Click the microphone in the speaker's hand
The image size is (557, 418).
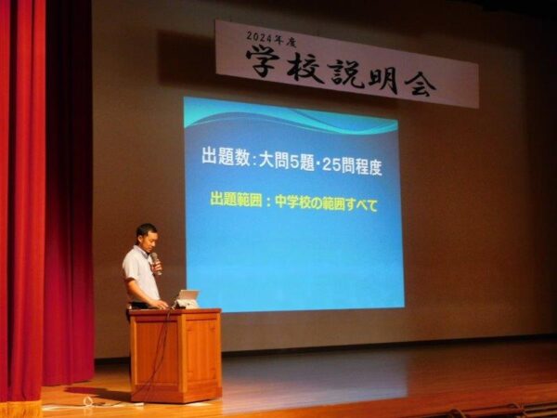156,263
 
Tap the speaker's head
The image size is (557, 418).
147,238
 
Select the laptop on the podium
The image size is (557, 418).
187,299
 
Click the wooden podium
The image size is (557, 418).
175,355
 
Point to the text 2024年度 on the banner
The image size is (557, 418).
271,39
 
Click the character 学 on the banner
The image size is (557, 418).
264,62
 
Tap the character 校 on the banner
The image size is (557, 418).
305,69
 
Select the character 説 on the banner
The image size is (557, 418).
347,74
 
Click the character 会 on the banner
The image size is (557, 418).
421,84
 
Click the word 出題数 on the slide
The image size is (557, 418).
227,156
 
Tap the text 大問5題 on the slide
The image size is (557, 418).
287,162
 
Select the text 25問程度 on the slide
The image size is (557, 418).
353,167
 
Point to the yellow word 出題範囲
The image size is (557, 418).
236,200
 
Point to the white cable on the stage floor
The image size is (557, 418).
93,404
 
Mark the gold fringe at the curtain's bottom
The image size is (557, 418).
20,409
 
